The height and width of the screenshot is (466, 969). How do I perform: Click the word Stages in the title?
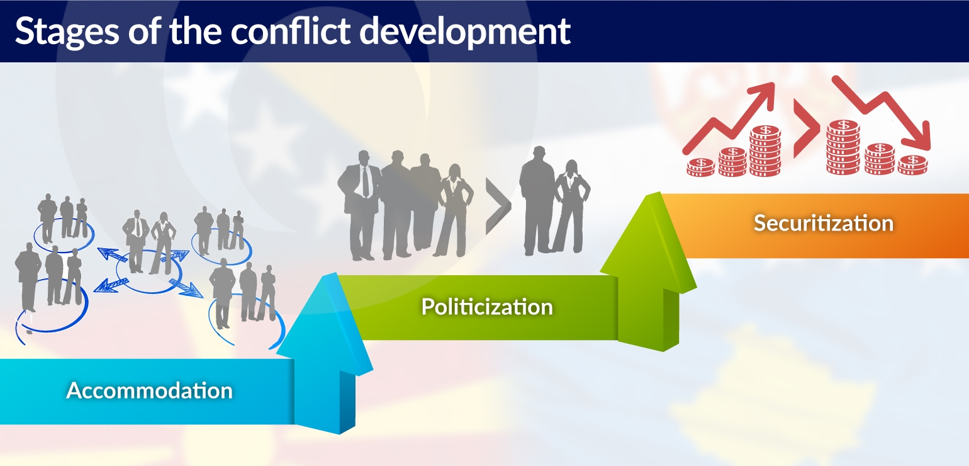(67, 32)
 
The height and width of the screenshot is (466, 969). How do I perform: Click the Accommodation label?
(149, 390)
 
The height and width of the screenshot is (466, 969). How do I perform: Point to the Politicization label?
(487, 307)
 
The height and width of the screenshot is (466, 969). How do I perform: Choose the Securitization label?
(824, 223)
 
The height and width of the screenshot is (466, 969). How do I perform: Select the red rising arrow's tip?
(773, 84)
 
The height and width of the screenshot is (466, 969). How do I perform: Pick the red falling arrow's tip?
(929, 149)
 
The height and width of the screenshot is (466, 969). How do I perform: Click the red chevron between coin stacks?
(807, 128)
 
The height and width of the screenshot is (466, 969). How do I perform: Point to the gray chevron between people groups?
(498, 206)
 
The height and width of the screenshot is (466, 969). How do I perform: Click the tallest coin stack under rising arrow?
(765, 151)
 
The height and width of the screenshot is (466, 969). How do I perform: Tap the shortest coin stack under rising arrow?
(701, 167)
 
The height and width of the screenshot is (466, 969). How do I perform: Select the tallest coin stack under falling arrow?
(843, 147)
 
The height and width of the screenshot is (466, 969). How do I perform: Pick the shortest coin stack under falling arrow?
(913, 165)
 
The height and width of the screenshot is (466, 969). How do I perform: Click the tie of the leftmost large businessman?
(366, 181)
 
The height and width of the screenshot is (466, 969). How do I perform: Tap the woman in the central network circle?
(162, 243)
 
